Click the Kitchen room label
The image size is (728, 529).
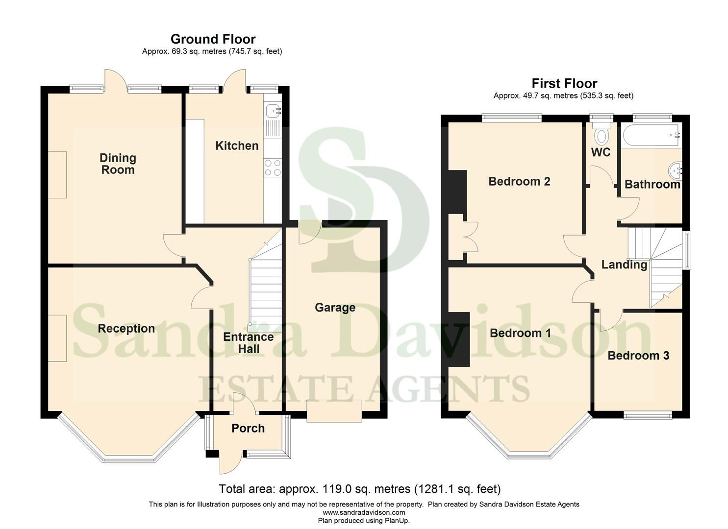237,145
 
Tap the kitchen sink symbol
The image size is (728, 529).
273,111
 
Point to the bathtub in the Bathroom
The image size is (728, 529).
651,135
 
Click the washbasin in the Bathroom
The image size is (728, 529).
675,171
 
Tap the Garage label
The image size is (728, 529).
335,308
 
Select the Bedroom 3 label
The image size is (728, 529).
638,356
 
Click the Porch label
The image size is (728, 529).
248,429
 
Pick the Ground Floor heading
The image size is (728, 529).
213,39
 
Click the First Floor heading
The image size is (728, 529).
564,83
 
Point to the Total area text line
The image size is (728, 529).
359,489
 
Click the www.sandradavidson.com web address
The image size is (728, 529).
364,512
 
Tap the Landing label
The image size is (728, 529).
624,265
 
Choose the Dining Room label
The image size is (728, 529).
118,164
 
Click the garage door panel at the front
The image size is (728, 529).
334,410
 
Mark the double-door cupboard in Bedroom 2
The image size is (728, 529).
464,238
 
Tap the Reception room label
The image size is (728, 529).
126,329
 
